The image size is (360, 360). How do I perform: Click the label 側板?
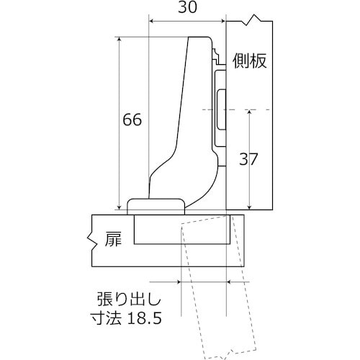tap(250, 60)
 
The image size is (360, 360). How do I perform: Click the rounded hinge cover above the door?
tap(155, 206)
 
